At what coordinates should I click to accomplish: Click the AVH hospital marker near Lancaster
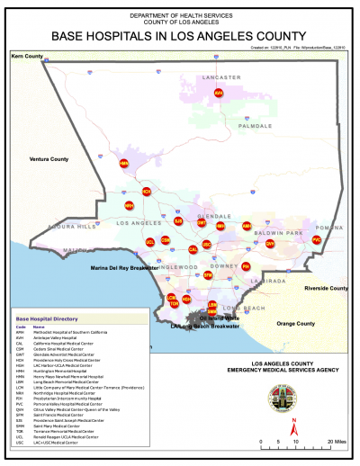coord(231,92)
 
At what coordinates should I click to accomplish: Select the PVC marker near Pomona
coord(316,240)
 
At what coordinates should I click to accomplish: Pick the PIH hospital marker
coord(246,266)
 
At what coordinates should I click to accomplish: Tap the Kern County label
coord(27,57)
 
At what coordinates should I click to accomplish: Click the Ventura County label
coord(49,159)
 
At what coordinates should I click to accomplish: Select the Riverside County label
coord(326,289)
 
